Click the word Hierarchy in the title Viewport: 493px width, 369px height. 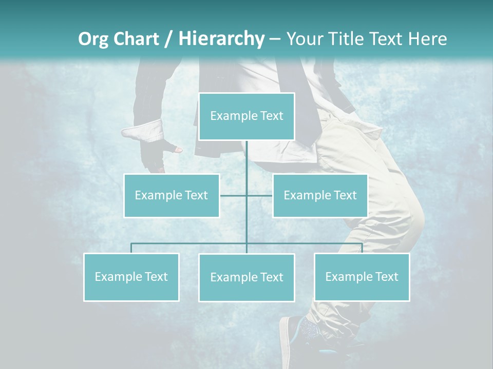coord(221,39)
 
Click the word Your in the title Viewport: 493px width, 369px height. coord(303,39)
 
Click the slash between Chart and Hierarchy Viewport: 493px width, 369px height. coord(168,39)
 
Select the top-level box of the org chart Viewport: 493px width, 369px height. coord(246,116)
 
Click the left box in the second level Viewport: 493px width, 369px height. coord(171,195)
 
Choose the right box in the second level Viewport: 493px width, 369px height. coord(320,195)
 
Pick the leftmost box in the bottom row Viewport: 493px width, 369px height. coord(131,277)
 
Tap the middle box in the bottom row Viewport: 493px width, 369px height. coord(246,277)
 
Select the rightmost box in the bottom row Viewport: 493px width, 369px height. coord(362,277)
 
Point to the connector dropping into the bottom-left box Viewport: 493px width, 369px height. coord(131,248)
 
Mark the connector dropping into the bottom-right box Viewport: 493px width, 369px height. coord(362,248)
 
